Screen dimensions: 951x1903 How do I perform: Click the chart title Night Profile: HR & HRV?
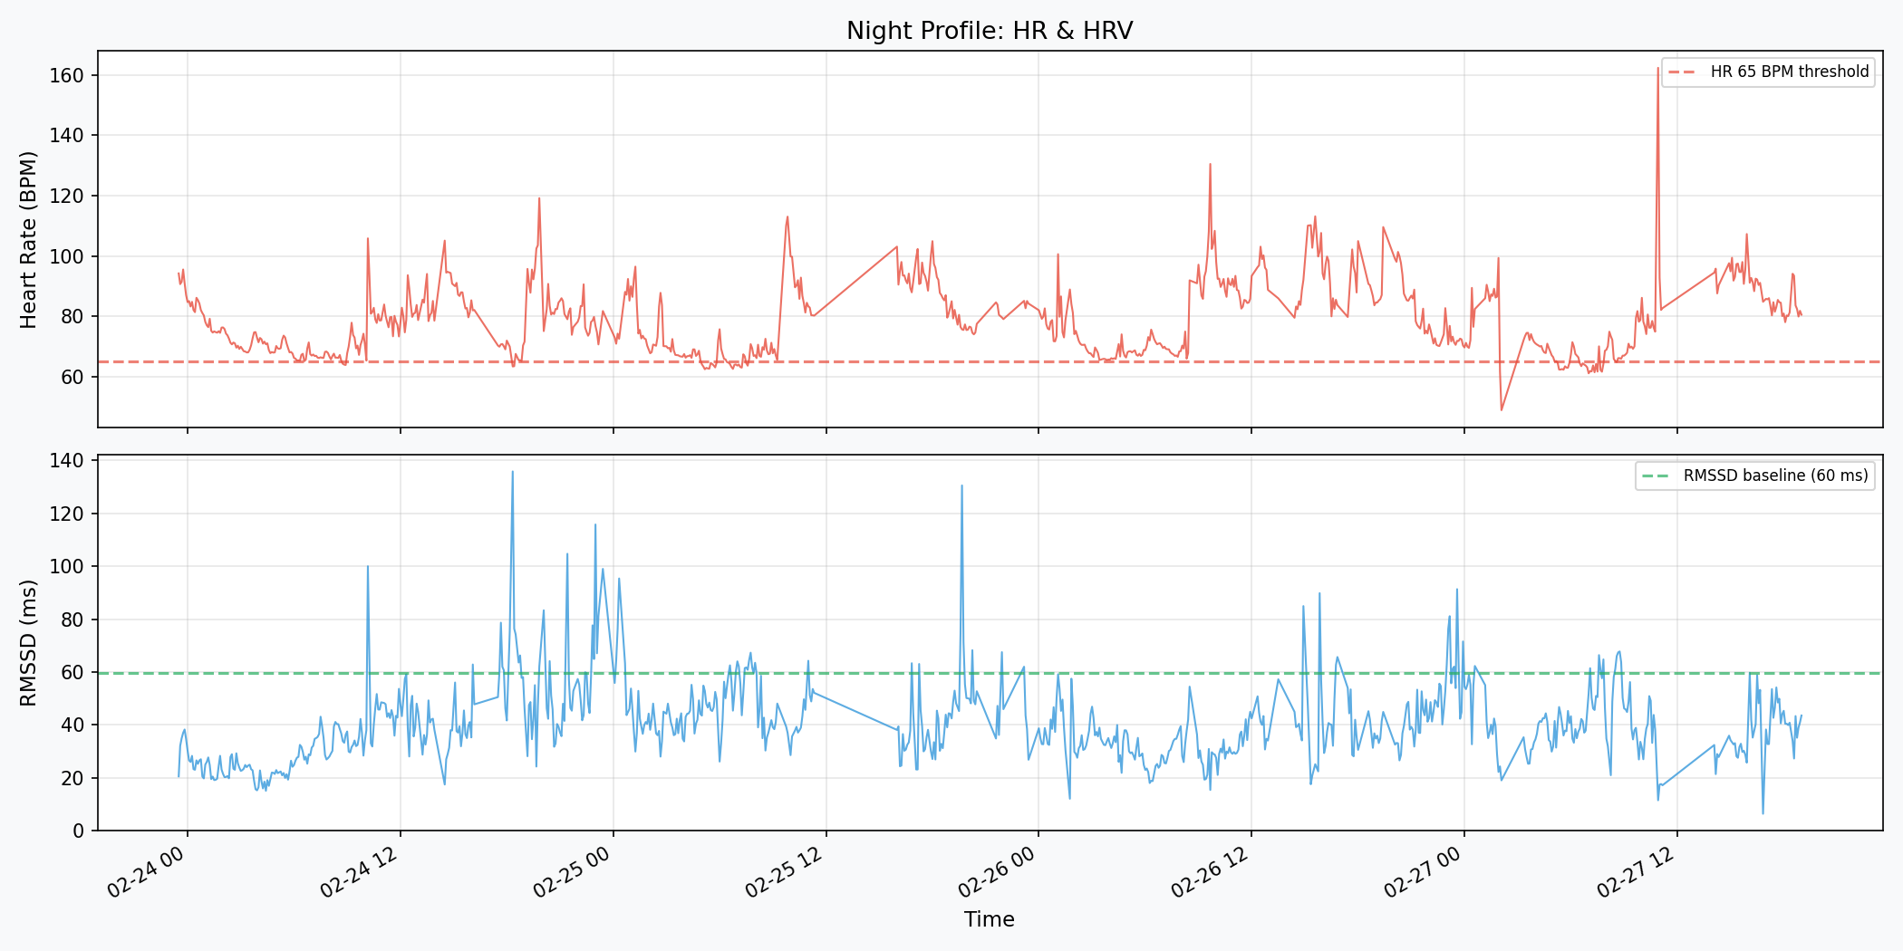click(x=990, y=31)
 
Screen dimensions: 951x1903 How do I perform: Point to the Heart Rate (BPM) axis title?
click(x=29, y=240)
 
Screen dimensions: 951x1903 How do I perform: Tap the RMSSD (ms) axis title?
click(x=29, y=643)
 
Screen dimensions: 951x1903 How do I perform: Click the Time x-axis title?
click(x=990, y=919)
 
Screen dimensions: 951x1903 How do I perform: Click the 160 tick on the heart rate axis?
click(x=66, y=75)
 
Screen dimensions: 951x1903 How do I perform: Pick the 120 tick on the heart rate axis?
click(x=66, y=196)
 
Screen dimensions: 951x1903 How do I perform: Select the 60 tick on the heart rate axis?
click(x=72, y=377)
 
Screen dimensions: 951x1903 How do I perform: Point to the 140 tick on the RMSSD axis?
click(x=66, y=461)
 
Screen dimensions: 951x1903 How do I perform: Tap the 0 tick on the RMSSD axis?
click(x=78, y=831)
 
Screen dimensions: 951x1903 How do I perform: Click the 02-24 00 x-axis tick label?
click(x=147, y=872)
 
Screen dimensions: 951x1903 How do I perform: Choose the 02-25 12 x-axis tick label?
click(x=785, y=872)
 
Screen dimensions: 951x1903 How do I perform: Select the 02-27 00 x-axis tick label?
click(x=1423, y=872)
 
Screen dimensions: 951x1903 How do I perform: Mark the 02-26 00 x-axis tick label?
click(x=997, y=872)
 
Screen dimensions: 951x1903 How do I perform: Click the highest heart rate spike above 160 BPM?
click(x=1658, y=69)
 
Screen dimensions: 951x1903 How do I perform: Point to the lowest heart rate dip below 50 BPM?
click(x=1502, y=409)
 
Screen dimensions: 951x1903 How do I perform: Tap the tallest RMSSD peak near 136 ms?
click(x=512, y=472)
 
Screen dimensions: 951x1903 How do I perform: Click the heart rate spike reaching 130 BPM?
click(x=1210, y=165)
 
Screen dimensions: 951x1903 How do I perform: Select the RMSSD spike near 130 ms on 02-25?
click(x=961, y=485)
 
